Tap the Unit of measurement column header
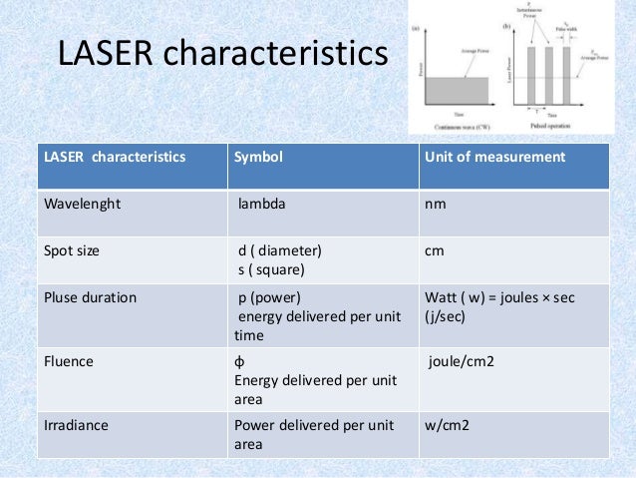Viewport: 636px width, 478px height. [x=494, y=157]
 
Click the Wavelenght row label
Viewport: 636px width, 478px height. [x=81, y=204]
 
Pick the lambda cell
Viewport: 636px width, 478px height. [x=261, y=204]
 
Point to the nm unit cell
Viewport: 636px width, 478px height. [x=435, y=204]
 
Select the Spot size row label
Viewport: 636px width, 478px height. [x=72, y=250]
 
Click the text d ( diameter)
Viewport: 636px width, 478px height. [x=279, y=250]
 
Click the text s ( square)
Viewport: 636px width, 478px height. [x=270, y=268]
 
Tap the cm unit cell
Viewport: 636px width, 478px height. [x=435, y=250]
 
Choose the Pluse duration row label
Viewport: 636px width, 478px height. [x=91, y=297]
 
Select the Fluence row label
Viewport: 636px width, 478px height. [x=69, y=362]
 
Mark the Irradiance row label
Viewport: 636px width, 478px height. [x=76, y=425]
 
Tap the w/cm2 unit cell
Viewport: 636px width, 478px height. [x=447, y=425]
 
